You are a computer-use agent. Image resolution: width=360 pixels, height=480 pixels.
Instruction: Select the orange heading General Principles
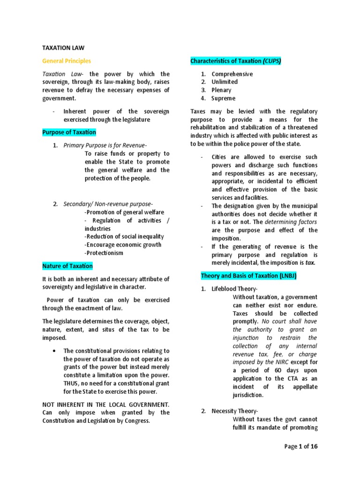[67, 61]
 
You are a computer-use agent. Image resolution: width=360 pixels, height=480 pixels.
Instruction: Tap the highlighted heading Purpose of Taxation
[69, 132]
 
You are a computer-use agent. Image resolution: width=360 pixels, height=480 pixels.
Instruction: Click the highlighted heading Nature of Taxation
[67, 266]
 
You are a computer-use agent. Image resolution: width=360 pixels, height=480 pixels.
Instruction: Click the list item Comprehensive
[232, 74]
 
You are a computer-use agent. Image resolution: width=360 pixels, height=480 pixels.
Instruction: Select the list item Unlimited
[225, 82]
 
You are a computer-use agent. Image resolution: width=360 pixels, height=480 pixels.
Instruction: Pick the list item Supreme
[224, 98]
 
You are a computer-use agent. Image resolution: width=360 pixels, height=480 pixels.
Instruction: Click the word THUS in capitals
[72, 384]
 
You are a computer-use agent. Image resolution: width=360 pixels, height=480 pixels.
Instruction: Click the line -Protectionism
[104, 253]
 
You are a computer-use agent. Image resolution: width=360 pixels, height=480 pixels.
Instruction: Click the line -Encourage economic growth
[123, 245]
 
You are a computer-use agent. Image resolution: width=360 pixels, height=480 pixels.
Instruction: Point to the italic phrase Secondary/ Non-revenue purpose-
[108, 204]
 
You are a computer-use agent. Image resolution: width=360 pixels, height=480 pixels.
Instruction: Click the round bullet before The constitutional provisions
[55, 351]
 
